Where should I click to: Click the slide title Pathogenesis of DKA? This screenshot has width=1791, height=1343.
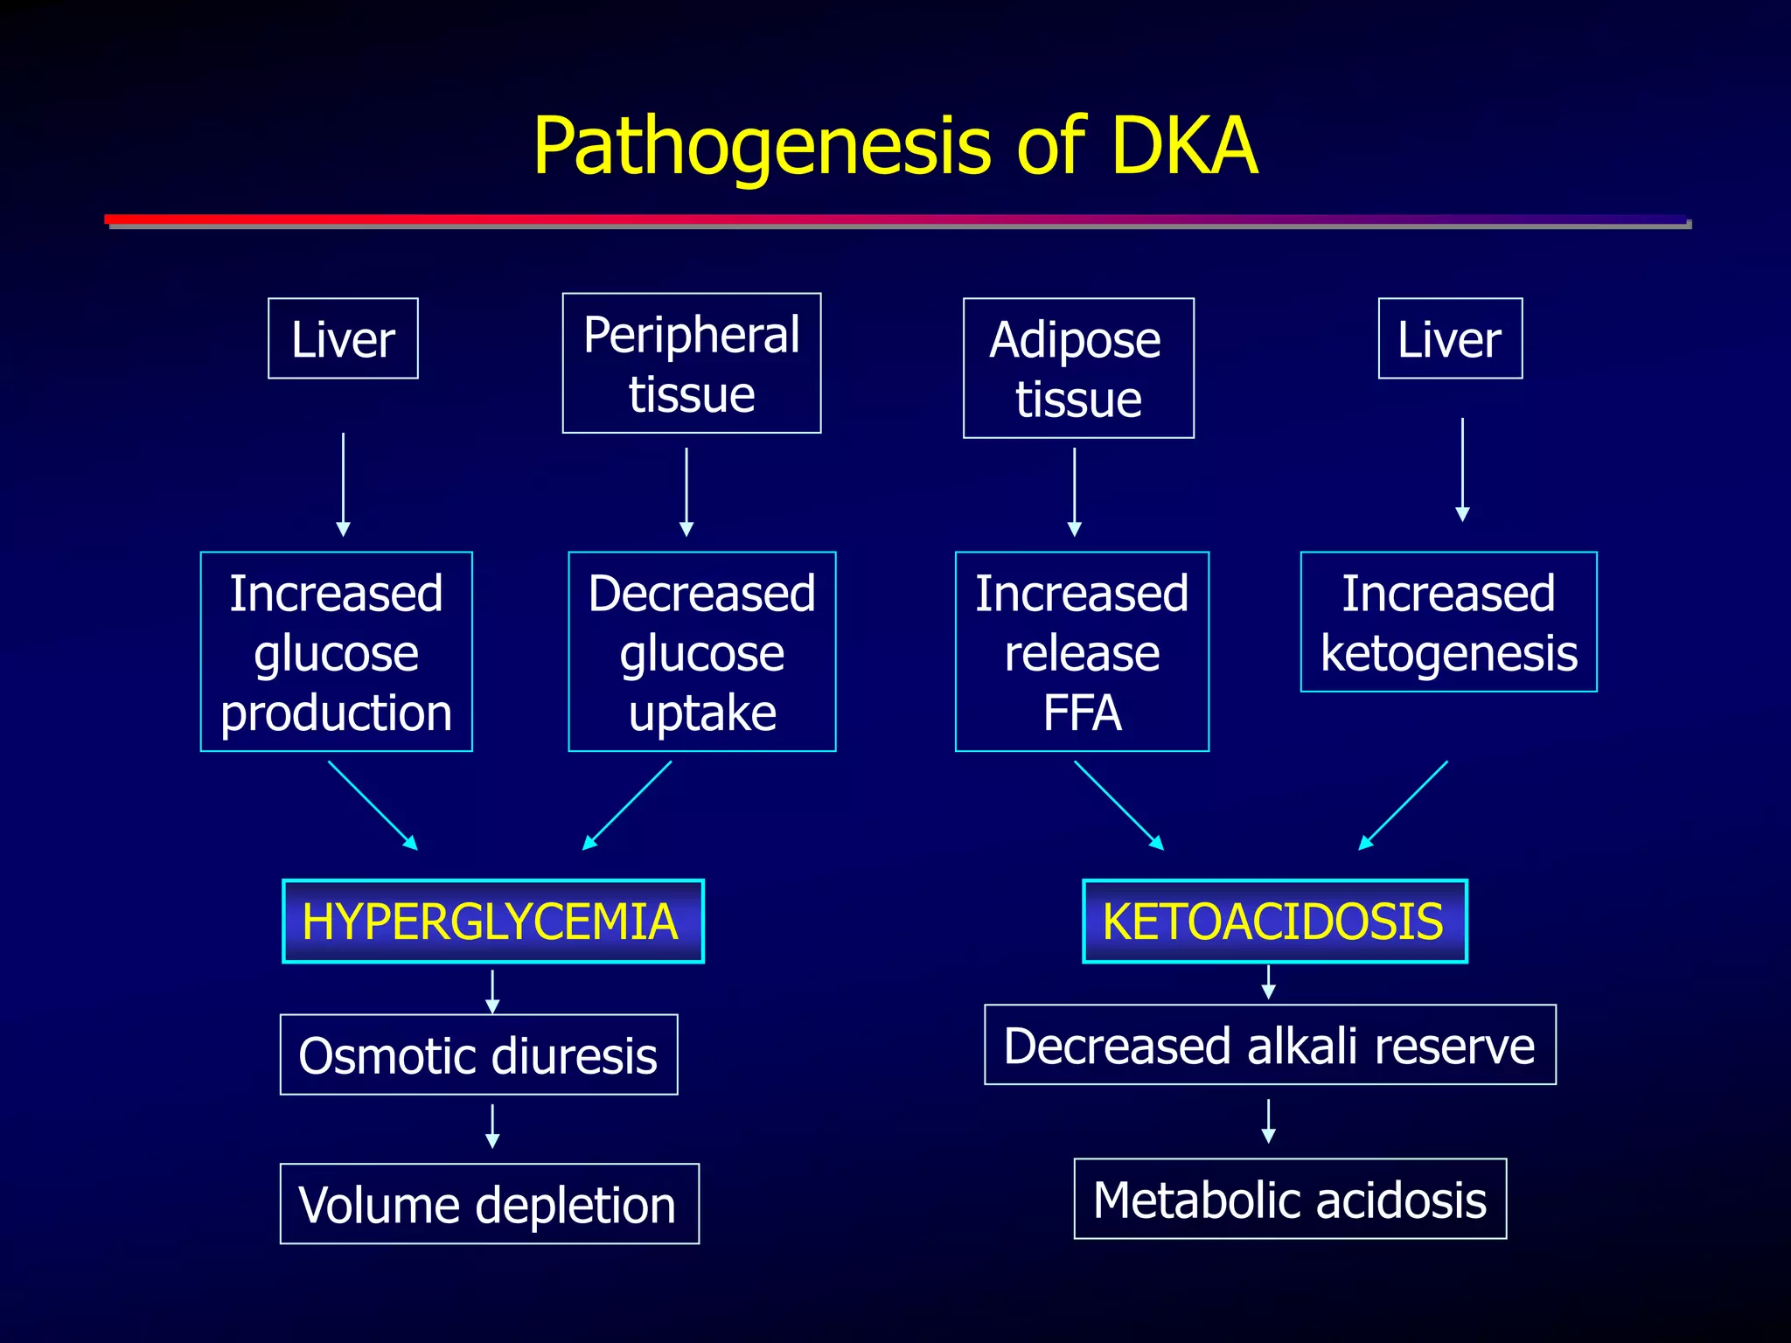coord(895,145)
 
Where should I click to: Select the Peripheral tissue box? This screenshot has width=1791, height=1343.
coord(692,364)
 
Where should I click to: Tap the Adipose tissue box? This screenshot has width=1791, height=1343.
coord(1078,368)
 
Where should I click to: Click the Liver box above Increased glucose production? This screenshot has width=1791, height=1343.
coord(343,339)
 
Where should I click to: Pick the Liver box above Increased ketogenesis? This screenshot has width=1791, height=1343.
coord(1450,339)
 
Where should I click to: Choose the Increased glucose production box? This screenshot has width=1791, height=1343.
coord(337,651)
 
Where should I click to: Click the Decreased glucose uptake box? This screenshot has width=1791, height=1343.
coord(702,651)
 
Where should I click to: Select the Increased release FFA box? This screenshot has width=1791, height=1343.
coord(1082,651)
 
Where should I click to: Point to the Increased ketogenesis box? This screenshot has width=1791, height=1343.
coord(1449,623)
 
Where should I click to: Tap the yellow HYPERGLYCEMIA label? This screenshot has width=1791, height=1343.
coord(492,922)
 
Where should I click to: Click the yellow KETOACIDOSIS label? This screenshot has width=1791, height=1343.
coord(1274,922)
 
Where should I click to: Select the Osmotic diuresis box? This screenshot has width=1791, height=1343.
coord(478,1054)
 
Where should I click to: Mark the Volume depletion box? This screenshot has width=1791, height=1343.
coord(489,1204)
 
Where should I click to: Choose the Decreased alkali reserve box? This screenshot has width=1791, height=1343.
coord(1270,1045)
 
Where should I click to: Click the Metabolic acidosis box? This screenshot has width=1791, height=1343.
coord(1290,1199)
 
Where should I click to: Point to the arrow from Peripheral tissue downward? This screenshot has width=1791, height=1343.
coord(686,491)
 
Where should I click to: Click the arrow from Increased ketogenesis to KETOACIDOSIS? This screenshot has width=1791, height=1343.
coord(1403,805)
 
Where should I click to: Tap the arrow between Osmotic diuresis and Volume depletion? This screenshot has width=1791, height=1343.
coord(492,1126)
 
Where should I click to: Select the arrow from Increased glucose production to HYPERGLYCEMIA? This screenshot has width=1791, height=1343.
coord(373,805)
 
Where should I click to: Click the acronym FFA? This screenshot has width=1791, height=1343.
coord(1082,713)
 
